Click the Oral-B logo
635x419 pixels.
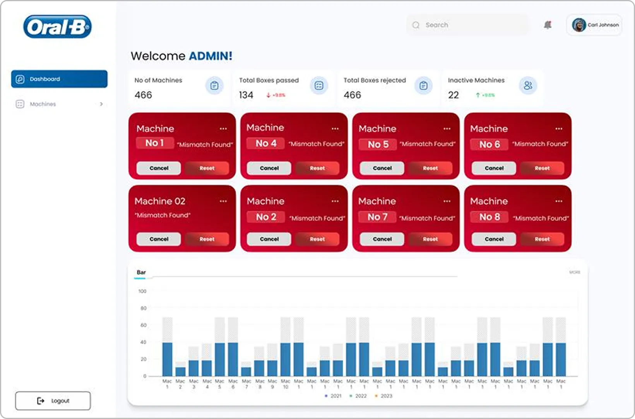57,27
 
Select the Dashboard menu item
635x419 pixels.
59,79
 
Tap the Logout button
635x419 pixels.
53,401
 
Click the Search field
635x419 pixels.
468,25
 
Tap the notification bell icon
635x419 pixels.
548,25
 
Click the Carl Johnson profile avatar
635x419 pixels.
579,25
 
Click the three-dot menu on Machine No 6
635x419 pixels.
559,128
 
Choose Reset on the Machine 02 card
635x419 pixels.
207,239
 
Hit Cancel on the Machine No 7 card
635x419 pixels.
382,239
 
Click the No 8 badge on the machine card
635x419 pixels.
490,217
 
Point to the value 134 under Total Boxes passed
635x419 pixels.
246,95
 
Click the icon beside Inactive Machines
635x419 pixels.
528,86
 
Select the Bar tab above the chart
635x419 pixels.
141,272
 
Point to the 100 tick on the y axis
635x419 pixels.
142,291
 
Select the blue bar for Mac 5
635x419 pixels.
220,359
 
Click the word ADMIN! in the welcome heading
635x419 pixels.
211,56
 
